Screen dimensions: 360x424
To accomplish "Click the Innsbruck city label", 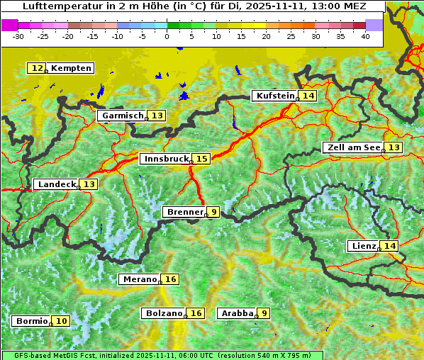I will point(164,159).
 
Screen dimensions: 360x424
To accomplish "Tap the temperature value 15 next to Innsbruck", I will point(202,159).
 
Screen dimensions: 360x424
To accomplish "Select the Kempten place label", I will point(71,68).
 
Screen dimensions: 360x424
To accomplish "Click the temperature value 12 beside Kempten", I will point(37,68).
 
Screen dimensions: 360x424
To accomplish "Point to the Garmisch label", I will point(122,116).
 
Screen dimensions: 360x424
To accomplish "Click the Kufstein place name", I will point(274,96).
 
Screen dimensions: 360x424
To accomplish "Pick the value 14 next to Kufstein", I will point(308,96).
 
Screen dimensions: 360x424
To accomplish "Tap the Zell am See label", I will point(352,147).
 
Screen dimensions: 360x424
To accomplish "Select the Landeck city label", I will point(57,184).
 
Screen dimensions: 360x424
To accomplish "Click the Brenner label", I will point(184,212).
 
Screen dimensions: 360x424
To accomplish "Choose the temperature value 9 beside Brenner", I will point(213,212).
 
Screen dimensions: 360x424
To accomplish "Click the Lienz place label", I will point(363,246).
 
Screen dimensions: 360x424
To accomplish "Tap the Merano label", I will point(139,279).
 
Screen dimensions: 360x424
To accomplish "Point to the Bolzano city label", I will point(164,313).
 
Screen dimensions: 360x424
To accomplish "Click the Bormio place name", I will point(31,321).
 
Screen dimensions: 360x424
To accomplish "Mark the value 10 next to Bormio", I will point(62,321).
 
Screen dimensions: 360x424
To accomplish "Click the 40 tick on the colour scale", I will point(365,36).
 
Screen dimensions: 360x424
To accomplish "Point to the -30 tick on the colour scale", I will point(18,36).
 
